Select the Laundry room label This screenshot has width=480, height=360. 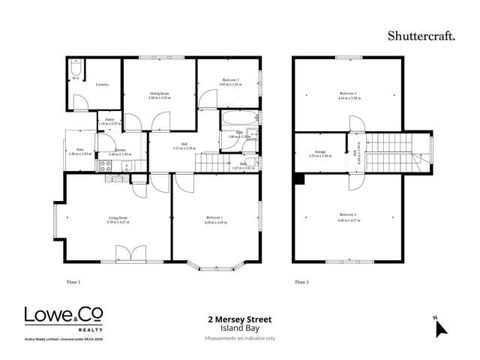pos(103,84)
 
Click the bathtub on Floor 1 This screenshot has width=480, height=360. pos(238,118)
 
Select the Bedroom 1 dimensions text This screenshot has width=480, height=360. pos(217,223)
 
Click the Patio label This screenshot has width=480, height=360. pos(79,149)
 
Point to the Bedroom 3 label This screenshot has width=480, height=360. pos(346,94)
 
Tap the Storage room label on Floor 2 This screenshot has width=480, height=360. pos(320,152)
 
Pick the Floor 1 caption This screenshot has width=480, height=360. pos(73,282)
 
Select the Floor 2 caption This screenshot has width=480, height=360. pos(301,282)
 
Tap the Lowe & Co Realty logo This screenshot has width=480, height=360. pos(64,318)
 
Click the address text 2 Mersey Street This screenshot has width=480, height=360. pos(239,319)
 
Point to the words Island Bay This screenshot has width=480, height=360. pos(239,328)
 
